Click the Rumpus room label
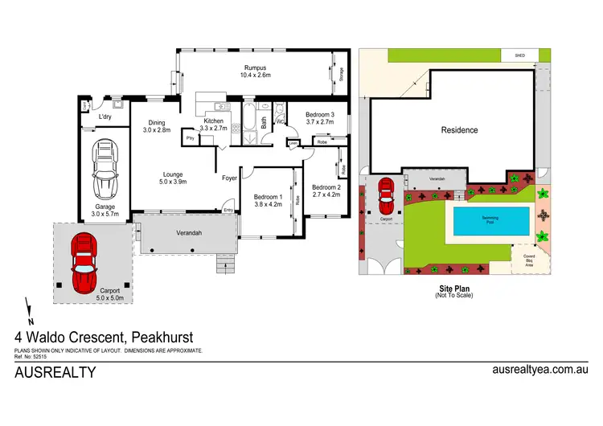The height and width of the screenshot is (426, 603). [x=256, y=68]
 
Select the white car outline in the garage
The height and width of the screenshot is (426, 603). [x=105, y=170]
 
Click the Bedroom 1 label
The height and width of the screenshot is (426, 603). [x=268, y=197]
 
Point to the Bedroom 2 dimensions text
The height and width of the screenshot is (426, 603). [x=326, y=194]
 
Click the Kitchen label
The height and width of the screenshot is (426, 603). [x=213, y=120]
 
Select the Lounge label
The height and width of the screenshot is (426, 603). [x=173, y=174]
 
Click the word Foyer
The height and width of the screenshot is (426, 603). [x=230, y=178]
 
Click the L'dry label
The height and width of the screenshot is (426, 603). [x=105, y=117]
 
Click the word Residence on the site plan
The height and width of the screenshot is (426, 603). [x=459, y=130]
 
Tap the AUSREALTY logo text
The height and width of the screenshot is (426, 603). [x=55, y=372]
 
